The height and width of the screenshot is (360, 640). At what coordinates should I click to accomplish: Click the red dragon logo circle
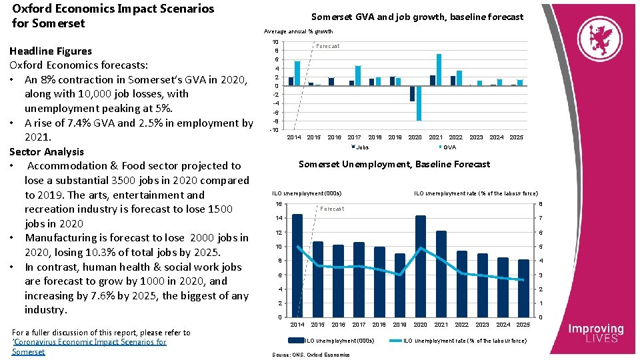coord(601,39)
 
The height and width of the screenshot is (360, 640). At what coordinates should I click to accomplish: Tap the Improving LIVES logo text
coord(595,333)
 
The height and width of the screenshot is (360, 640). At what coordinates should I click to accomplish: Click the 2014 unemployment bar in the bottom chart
coord(297,265)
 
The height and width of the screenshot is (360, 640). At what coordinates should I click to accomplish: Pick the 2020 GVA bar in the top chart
coord(419,103)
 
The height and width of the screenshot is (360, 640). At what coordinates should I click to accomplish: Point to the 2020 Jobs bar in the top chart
coord(412,93)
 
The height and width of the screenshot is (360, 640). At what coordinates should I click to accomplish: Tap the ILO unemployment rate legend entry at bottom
coord(463,341)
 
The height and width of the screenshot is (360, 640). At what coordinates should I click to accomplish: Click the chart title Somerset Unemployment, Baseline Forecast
coord(394,164)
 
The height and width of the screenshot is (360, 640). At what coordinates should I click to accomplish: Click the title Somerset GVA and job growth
coord(417,17)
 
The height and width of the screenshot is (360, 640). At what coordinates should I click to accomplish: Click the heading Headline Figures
coord(51,51)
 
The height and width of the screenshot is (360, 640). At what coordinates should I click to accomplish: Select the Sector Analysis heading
coord(47,151)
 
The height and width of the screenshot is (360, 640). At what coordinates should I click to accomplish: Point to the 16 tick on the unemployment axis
coord(279,204)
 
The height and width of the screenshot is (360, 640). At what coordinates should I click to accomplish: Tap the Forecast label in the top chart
coord(327,46)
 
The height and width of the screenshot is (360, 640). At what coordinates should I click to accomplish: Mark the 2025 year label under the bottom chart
coord(523,325)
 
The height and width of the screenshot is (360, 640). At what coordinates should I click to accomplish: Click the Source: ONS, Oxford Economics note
coord(311,355)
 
